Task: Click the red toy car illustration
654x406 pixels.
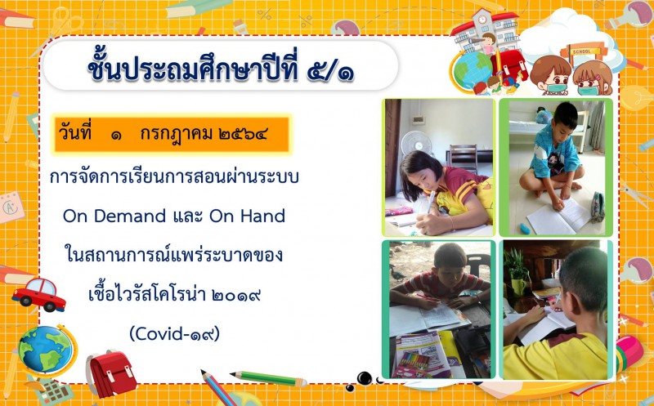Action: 38,295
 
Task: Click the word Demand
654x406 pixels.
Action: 130,216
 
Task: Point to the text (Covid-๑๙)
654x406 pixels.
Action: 174,334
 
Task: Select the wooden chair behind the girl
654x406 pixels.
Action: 463,158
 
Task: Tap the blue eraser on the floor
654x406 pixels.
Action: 525,229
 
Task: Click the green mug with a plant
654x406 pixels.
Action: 518,287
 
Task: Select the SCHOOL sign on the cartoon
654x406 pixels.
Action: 582,51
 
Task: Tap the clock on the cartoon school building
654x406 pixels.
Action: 482,19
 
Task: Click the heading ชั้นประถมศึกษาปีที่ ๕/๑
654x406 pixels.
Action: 221,68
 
